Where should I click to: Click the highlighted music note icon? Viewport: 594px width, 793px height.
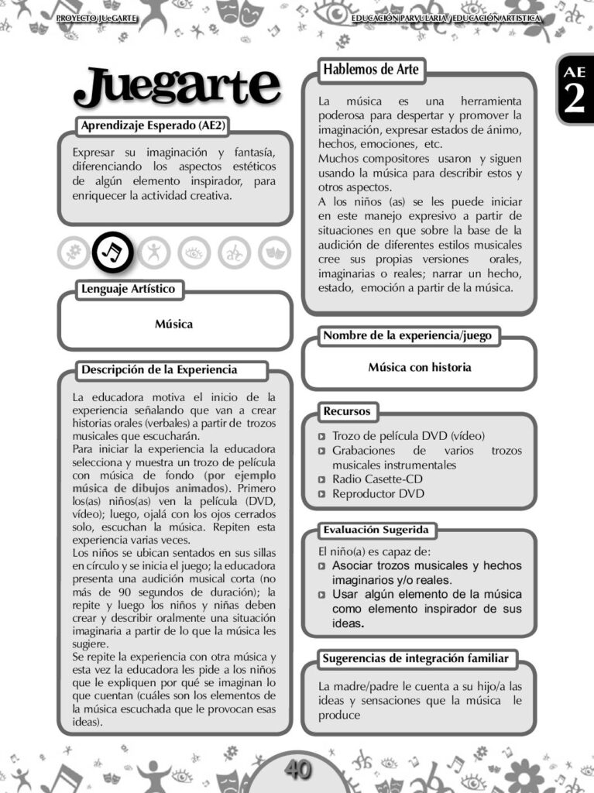(113, 252)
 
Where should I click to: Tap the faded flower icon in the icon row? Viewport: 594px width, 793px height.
(74, 252)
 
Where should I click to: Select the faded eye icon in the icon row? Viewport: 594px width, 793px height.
(194, 252)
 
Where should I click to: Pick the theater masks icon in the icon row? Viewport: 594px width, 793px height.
(274, 252)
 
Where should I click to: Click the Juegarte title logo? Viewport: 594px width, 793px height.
(177, 87)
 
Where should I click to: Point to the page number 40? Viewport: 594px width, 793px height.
(297, 769)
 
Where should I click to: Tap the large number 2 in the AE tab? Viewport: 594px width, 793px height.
(575, 100)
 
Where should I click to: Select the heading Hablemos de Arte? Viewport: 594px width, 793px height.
(371, 70)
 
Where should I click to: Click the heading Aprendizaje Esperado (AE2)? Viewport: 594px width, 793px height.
(153, 125)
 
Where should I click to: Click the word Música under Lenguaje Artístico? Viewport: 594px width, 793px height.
(173, 324)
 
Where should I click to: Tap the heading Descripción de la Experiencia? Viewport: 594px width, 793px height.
(160, 370)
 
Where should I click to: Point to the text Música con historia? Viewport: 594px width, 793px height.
(419, 367)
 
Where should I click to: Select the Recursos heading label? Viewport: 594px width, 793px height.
(347, 411)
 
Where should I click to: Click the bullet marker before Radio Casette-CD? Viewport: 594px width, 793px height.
(322, 479)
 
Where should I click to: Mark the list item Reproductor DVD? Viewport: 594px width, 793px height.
(378, 493)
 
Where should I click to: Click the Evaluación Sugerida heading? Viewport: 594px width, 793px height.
(377, 530)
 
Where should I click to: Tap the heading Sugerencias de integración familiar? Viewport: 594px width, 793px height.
(416, 659)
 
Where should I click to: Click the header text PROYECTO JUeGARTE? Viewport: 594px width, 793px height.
(97, 17)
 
